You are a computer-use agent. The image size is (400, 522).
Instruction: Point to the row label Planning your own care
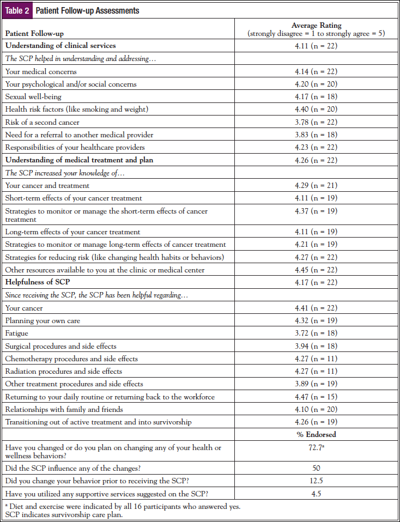coord(43,320)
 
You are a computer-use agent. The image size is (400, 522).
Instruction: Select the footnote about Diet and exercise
coord(124,506)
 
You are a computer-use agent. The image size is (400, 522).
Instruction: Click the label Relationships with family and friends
coord(64,410)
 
